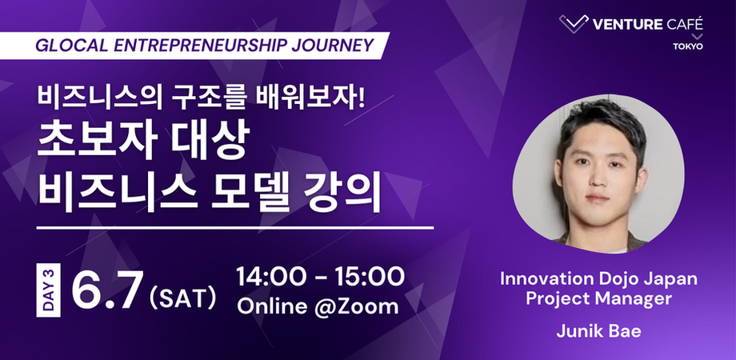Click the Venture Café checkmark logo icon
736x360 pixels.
(574, 23)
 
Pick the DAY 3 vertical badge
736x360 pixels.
(48, 290)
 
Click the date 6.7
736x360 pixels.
(106, 291)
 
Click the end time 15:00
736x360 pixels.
(370, 277)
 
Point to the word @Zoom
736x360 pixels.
(356, 306)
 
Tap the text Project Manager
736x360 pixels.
(598, 299)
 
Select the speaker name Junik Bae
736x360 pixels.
(598, 331)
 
